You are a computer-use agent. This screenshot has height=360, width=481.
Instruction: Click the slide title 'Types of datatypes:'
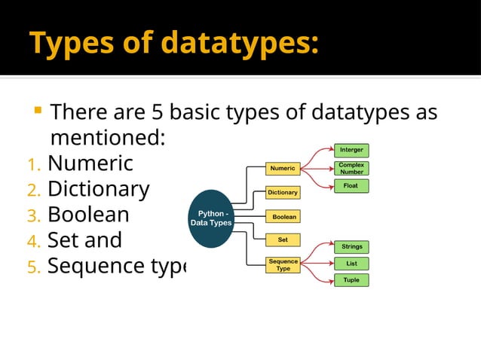[173, 43]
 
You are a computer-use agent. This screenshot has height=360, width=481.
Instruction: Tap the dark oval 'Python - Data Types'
[211, 219]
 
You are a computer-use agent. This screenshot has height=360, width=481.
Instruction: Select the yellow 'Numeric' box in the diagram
[283, 168]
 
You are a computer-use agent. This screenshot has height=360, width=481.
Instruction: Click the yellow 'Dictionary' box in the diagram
[283, 192]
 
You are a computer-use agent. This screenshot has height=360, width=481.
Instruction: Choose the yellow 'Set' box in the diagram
[283, 240]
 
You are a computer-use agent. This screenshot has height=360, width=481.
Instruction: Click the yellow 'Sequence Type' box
[283, 264]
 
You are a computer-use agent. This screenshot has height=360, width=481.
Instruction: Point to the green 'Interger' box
[351, 150]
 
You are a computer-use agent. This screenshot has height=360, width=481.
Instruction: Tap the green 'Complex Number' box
[351, 168]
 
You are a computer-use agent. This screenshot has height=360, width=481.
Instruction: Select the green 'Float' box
[351, 185]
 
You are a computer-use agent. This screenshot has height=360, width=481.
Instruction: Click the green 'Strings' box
[351, 246]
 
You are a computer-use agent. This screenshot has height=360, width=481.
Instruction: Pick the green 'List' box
[351, 264]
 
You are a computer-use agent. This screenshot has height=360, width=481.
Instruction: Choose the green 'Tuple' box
[351, 280]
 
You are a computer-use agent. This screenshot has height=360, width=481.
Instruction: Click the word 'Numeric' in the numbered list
[90, 163]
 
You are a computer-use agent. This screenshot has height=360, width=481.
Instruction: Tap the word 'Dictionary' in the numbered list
[98, 189]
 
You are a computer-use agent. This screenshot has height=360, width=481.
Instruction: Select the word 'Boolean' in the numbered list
[88, 215]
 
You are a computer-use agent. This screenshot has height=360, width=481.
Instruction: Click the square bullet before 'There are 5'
[36, 112]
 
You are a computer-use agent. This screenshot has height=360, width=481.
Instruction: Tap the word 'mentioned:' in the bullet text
[107, 139]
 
